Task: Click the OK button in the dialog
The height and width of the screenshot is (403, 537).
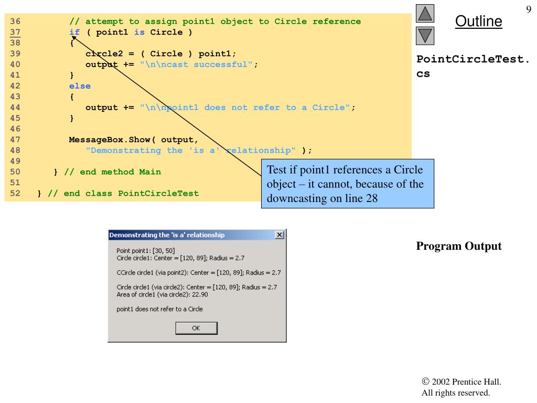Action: click(x=196, y=328)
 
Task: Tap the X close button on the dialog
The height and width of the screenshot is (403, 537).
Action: click(x=280, y=235)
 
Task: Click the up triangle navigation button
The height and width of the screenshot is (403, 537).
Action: click(x=425, y=13)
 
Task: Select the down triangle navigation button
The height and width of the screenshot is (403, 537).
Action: click(x=425, y=36)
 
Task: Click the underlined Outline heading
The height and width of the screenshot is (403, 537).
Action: click(x=478, y=21)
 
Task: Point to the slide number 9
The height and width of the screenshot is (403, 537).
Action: click(x=529, y=9)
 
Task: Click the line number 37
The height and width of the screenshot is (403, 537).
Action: click(x=15, y=32)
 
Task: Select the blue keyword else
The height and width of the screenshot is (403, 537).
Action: click(x=80, y=86)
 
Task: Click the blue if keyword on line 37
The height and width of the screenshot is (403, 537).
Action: click(x=74, y=32)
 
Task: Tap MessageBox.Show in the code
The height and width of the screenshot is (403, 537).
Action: click(x=110, y=140)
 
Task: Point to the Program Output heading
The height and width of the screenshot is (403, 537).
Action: click(x=458, y=246)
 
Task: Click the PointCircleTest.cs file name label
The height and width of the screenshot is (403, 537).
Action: click(x=472, y=66)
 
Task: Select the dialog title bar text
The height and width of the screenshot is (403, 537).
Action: click(x=167, y=235)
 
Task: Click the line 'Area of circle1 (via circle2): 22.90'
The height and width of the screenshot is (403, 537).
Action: click(x=162, y=294)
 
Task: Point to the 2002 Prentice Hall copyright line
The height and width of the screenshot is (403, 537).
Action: click(x=461, y=382)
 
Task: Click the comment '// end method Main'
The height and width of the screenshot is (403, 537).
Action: click(x=112, y=172)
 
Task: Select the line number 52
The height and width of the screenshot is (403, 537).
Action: click(x=15, y=194)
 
